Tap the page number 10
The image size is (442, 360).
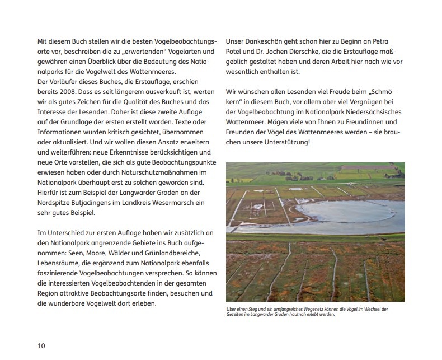coord(41,345)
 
